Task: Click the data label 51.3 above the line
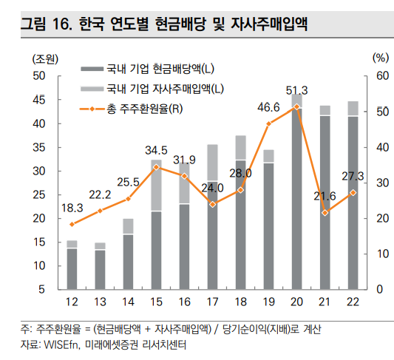coord(296,90)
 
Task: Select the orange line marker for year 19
coord(268,124)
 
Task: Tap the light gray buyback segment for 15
coord(156,185)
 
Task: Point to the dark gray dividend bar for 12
coord(72,269)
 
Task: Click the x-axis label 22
coord(353,302)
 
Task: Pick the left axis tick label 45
coord(39,100)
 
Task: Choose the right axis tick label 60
coord(382,76)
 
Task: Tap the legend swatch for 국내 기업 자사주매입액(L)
coord(92,89)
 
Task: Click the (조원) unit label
coord(45,60)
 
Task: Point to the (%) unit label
coord(381,58)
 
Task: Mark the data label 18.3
coord(72,208)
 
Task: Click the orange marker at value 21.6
coord(325,213)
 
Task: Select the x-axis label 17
coord(213,302)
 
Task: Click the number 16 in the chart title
coord(62,24)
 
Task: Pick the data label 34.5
coord(156,151)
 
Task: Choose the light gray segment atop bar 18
coord(241,147)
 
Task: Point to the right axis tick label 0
coord(379,290)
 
